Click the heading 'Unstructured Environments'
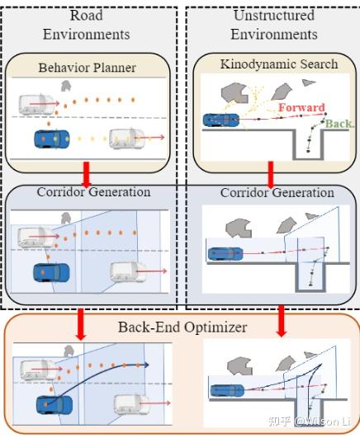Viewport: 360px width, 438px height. tap(274, 25)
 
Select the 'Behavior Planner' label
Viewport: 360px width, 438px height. tap(88, 67)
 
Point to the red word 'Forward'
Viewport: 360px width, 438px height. tap(301, 107)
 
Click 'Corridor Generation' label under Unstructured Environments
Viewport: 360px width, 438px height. tap(277, 192)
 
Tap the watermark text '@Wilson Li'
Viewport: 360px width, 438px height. tap(318, 423)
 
